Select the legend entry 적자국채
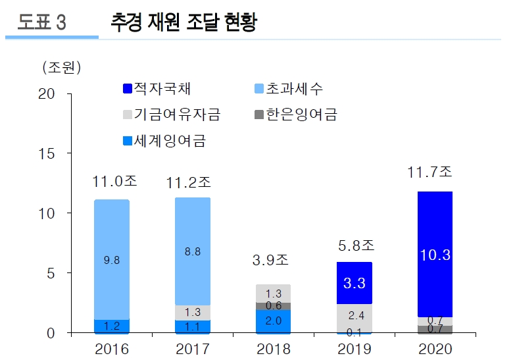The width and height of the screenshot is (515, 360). click(157, 88)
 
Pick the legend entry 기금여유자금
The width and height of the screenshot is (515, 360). click(170, 115)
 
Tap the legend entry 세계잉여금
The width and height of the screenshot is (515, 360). click(164, 140)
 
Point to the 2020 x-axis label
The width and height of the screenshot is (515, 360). click(435, 349)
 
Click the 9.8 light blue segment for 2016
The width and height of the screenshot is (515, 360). click(111, 260)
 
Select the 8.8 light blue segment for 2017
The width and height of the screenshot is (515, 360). click(193, 251)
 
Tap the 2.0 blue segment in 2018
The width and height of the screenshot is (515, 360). click(273, 321)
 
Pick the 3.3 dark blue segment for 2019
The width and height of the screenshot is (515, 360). click(355, 283)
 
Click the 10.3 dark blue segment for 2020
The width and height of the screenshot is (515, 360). click(435, 254)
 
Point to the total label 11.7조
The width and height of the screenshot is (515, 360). click(429, 172)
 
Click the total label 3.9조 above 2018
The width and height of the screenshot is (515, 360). click(270, 260)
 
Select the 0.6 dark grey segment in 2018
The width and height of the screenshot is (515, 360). click(273, 306)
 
